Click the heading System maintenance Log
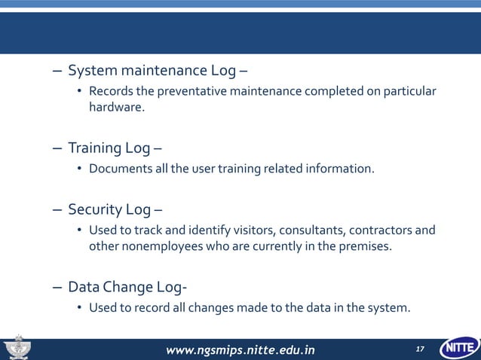tap(152, 72)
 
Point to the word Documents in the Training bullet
tap(118, 168)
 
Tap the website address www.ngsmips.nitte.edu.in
tap(240, 349)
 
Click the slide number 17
tap(420, 349)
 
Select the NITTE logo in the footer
tap(458, 349)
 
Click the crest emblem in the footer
tap(16, 348)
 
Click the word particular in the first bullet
tap(409, 92)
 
